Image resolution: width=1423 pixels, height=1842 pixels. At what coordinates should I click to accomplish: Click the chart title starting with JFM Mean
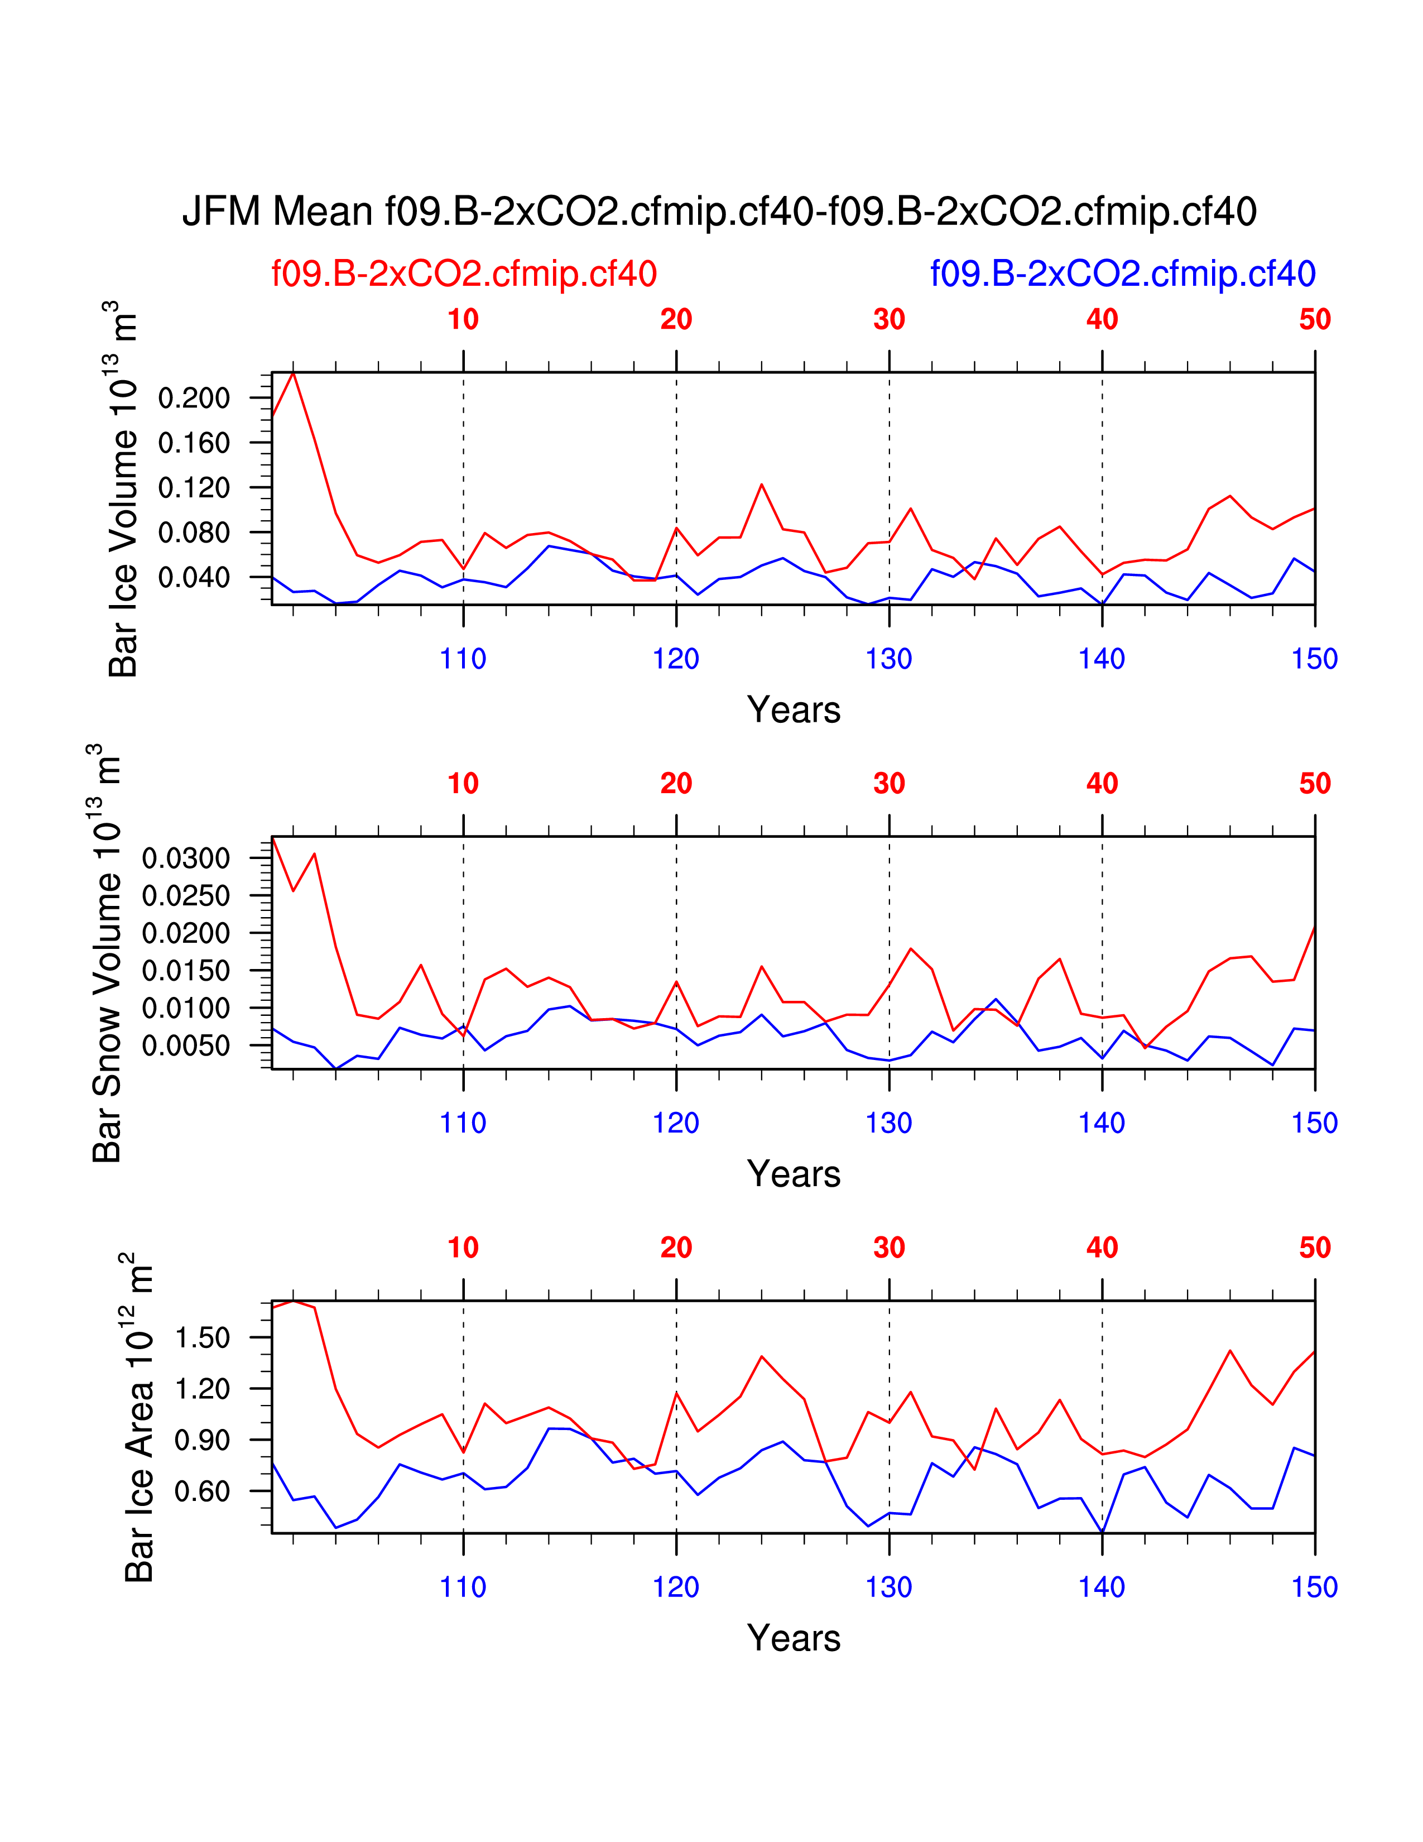coord(719,211)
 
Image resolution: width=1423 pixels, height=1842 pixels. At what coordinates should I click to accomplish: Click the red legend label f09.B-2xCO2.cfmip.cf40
coord(464,274)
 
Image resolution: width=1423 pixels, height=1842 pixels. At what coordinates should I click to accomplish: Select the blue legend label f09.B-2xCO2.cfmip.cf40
coord(1122,274)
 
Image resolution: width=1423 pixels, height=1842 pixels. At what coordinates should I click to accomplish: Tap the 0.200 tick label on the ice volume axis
coord(194,398)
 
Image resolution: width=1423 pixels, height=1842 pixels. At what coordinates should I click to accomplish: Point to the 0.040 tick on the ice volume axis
coord(194,578)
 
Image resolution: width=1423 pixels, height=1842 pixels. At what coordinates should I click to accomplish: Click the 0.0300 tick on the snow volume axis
coord(185,858)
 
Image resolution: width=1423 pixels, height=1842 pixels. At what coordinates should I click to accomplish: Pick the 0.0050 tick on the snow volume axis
coord(185,1046)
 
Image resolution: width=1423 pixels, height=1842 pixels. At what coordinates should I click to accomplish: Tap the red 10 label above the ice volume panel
coord(463,320)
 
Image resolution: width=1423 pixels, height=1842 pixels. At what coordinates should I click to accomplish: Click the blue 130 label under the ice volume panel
coord(888,659)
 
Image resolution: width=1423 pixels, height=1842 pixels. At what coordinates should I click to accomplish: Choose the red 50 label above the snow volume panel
coord(1314,784)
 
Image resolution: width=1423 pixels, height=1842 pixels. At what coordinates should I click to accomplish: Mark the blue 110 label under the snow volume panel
coord(463,1123)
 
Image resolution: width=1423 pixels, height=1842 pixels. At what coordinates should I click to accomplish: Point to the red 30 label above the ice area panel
coord(888,1248)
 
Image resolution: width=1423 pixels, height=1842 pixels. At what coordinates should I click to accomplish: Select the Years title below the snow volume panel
coord(794,1174)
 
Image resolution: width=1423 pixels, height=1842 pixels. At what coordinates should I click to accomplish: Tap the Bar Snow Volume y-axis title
coord(107,953)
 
